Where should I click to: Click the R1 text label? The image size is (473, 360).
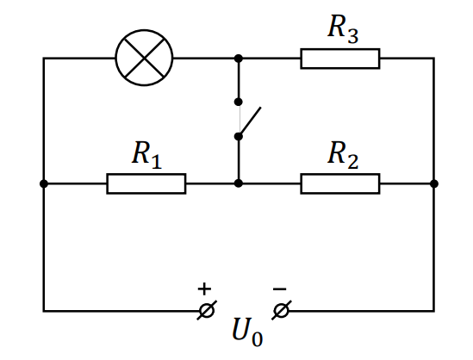[x=147, y=155]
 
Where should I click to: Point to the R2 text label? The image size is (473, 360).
[x=343, y=155]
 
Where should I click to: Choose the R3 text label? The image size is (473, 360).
[x=343, y=29]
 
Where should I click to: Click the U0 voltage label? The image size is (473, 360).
[x=247, y=332]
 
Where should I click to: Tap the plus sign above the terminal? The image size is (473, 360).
[x=204, y=289]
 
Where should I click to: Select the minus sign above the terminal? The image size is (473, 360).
[x=279, y=289]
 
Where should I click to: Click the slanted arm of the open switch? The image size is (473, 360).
[x=250, y=121]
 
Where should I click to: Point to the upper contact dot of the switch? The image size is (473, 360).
[x=239, y=102]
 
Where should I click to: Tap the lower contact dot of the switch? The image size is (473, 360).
[x=239, y=137]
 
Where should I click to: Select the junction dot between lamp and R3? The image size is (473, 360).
[x=239, y=59]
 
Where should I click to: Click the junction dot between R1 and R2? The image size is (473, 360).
[x=239, y=183]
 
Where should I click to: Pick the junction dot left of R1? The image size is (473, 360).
[x=44, y=183]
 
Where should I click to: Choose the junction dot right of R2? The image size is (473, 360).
[x=434, y=183]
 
